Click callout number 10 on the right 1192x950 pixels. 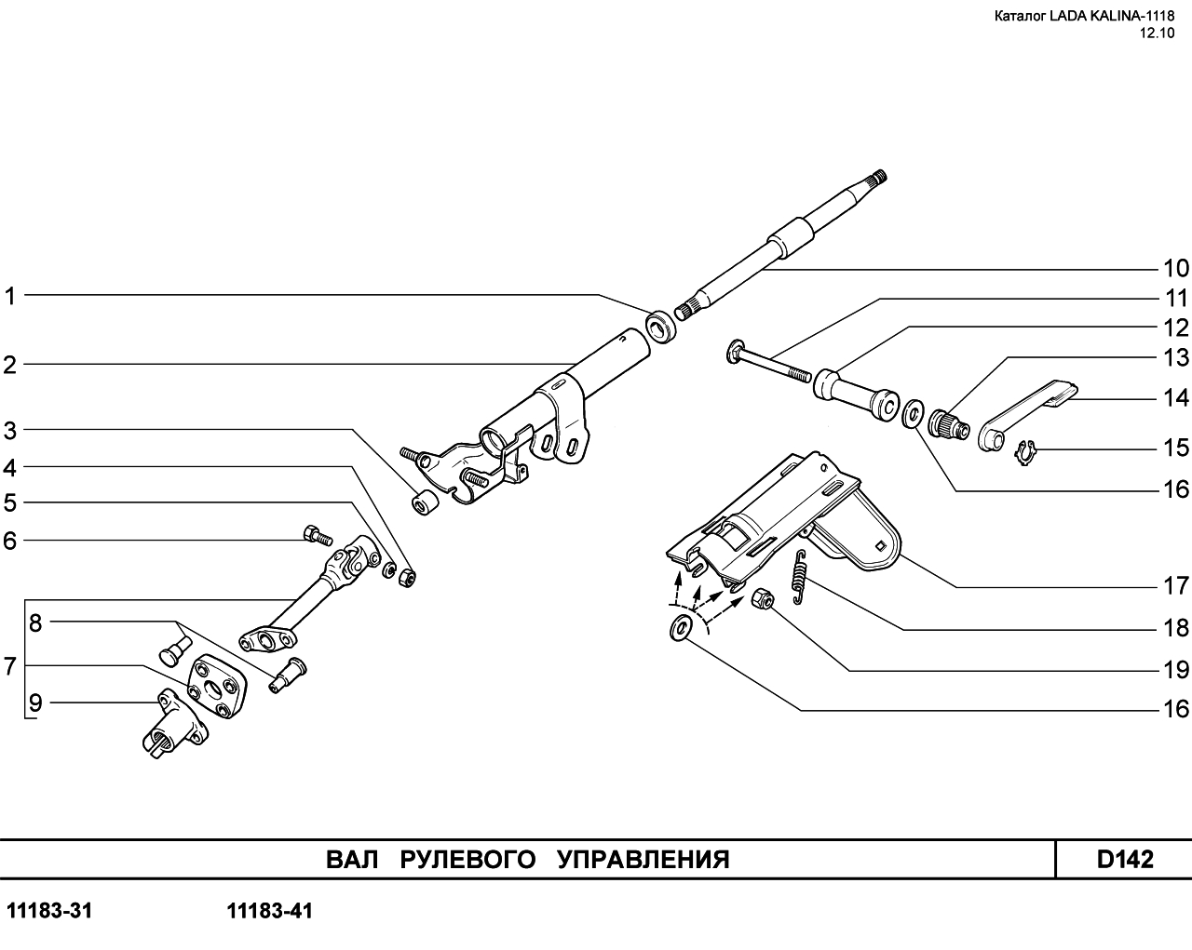coord(1175,269)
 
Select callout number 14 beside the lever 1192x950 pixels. coord(1175,398)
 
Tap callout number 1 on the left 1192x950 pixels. coord(10,297)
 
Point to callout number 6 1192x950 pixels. coord(10,541)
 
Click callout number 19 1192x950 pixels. coord(1175,670)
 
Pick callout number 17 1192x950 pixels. coord(1175,586)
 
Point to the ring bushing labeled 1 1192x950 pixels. coord(662,326)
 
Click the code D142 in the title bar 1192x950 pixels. coord(1124,859)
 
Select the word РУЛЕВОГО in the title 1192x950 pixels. coord(467,859)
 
